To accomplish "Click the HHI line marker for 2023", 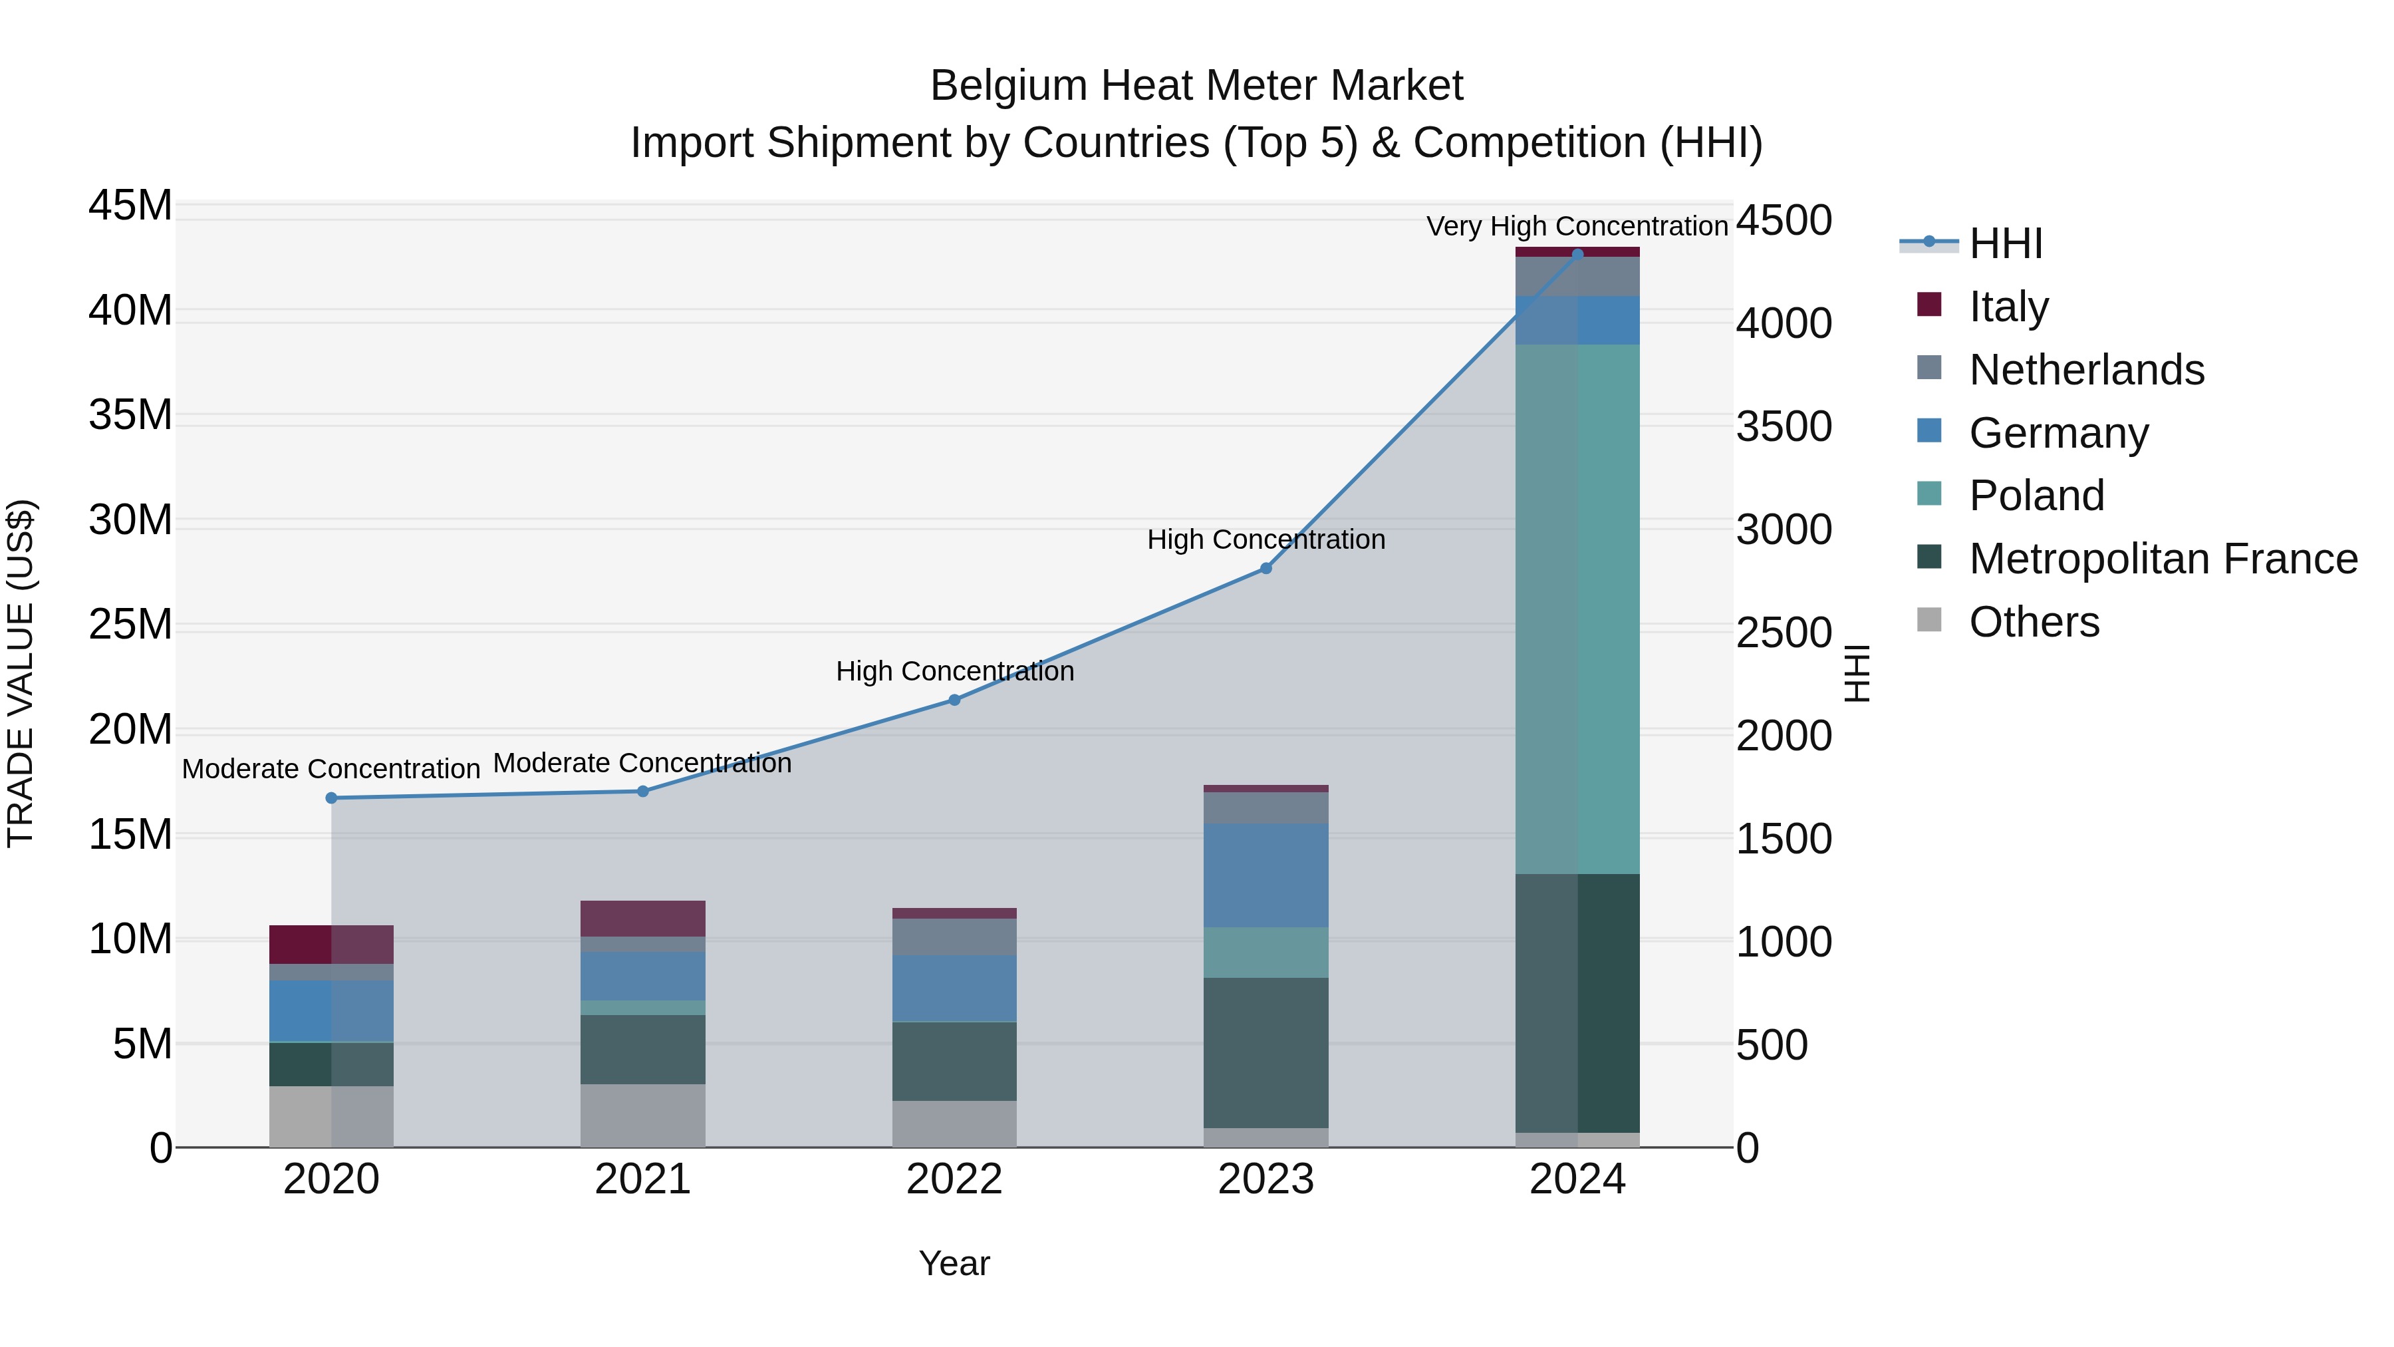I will [1265, 568].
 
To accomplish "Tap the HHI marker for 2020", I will [331, 798].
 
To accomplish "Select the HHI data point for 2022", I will [954, 700].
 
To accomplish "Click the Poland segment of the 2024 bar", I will [1577, 609].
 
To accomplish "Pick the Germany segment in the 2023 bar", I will [1265, 874].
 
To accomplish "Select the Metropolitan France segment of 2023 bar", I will [1265, 1052].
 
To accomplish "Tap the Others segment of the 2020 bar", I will [331, 1116].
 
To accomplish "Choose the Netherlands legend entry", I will [2085, 370].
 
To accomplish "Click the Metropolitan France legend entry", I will [2163, 559].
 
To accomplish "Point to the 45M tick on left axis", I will [130, 206].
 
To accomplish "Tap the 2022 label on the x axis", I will [954, 1179].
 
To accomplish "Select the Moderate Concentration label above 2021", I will [642, 763].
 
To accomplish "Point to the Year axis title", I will [954, 1263].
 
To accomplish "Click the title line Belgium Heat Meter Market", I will [1196, 86].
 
